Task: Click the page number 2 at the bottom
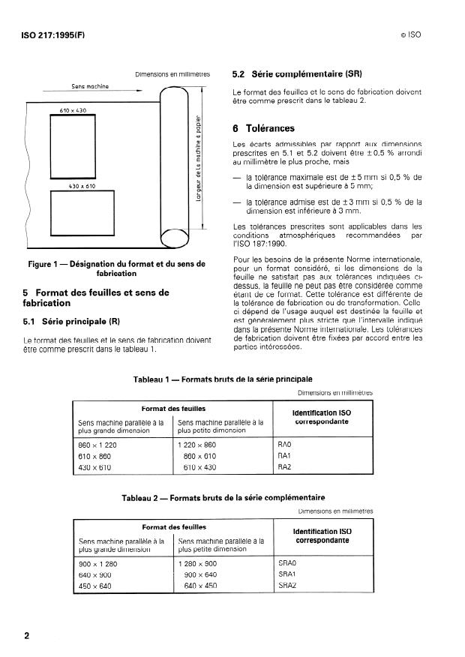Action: [x=27, y=636]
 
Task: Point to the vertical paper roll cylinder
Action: [x=178, y=166]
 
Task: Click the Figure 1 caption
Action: [x=115, y=268]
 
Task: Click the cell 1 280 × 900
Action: [x=200, y=562]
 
